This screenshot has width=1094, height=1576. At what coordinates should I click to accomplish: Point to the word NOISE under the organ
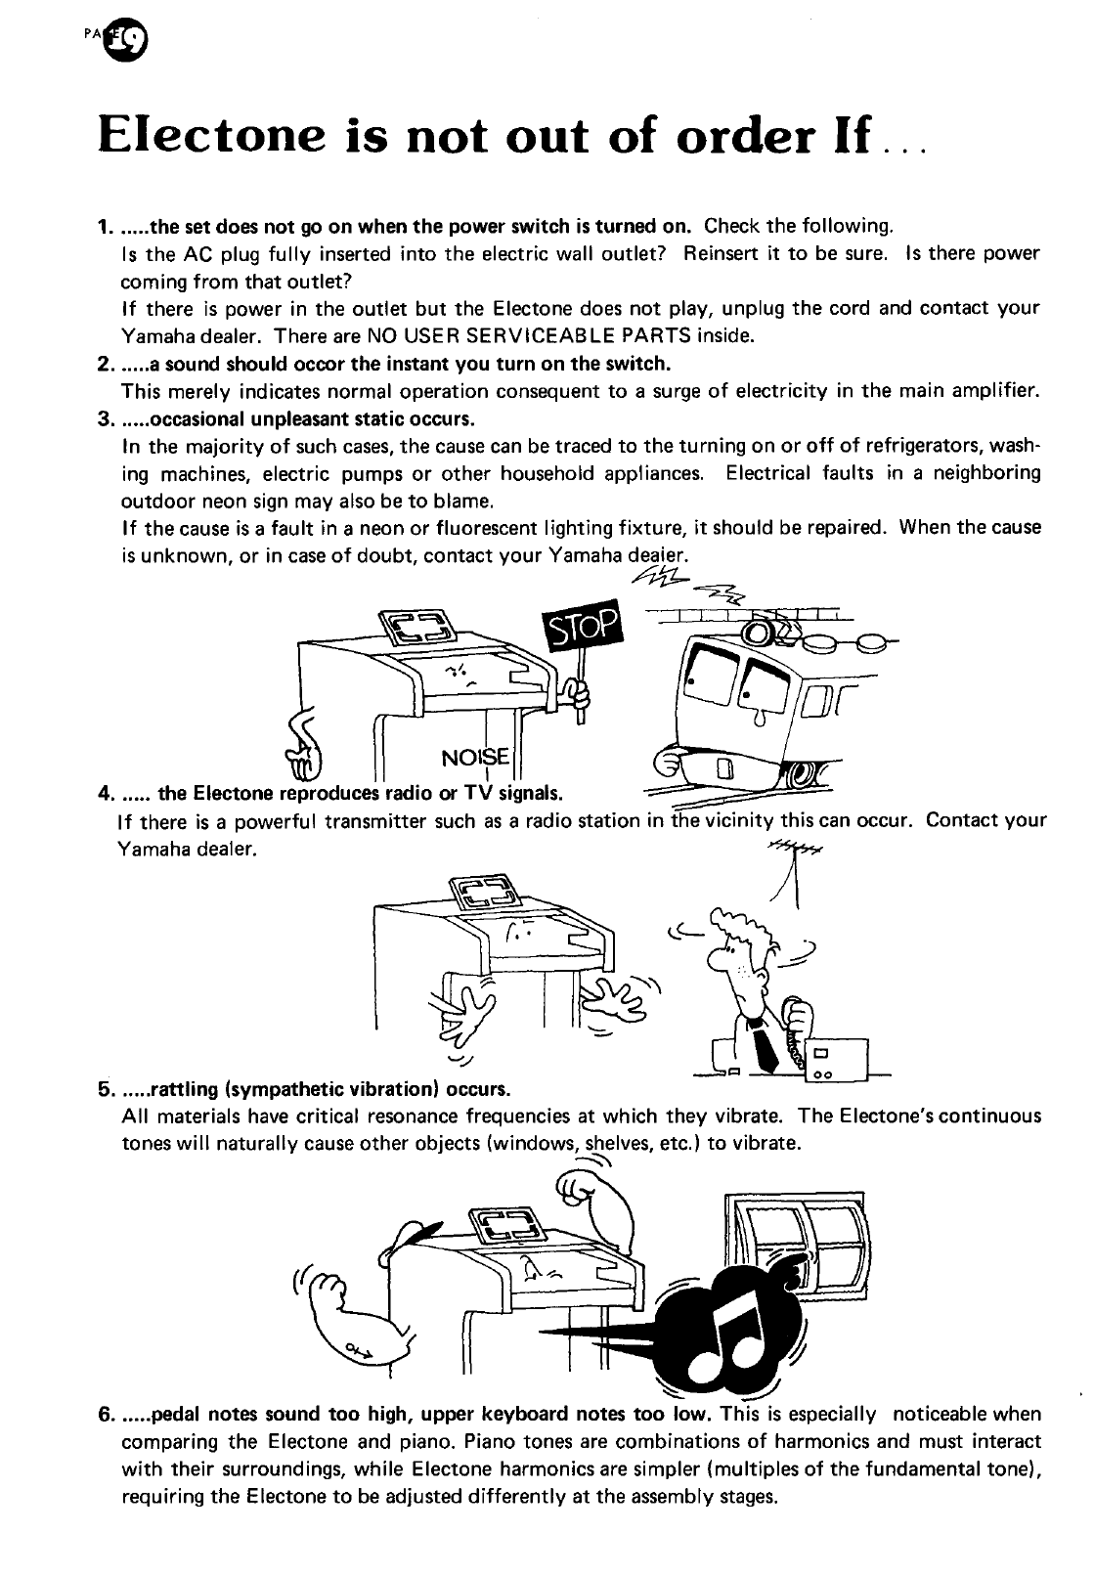476,758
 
